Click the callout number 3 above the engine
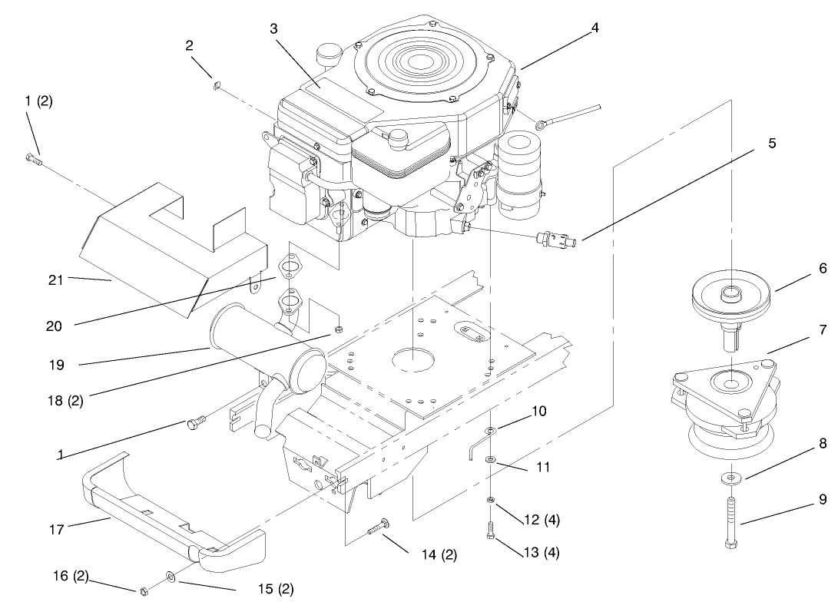pos(273,28)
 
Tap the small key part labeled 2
pos(216,85)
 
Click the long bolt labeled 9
pos(730,521)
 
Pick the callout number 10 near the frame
pos(538,412)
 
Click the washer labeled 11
pos(490,459)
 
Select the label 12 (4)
pos(542,520)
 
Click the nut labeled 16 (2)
pos(144,590)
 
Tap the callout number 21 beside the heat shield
pos(55,280)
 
